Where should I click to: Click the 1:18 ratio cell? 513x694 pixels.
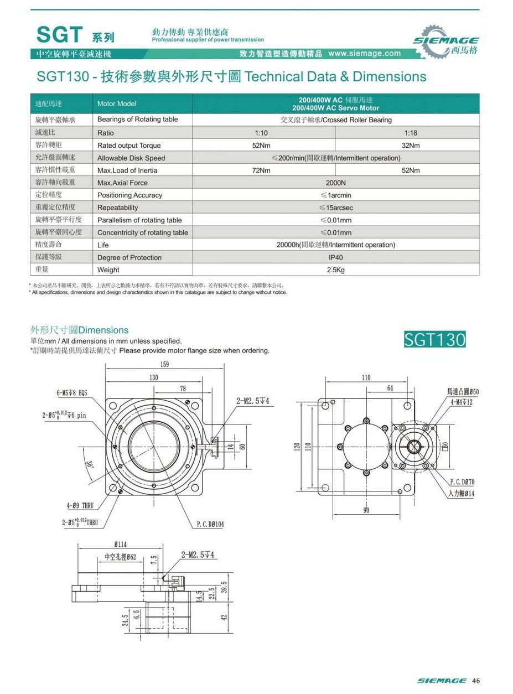click(410, 133)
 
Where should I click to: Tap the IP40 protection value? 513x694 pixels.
click(335, 257)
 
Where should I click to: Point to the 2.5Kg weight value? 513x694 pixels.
click(335, 270)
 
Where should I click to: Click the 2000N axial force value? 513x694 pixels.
click(335, 183)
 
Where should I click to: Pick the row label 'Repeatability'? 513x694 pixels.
click(117, 208)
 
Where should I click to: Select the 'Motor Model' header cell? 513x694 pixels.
click(116, 104)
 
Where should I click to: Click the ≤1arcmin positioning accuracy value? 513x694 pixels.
click(335, 195)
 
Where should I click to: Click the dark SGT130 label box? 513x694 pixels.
click(435, 339)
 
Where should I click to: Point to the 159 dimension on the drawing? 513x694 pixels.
click(164, 364)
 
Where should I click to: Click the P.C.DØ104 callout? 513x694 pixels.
click(210, 524)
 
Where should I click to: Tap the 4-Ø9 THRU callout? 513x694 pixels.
click(80, 505)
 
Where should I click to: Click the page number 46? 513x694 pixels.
click(475, 680)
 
